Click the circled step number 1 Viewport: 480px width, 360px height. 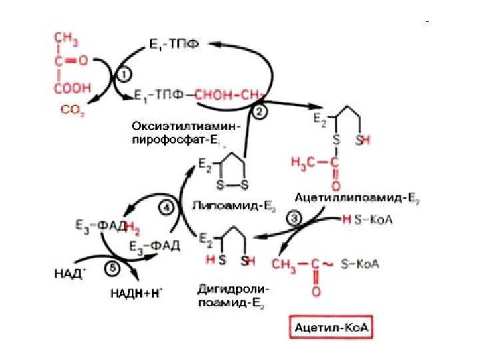tap(123, 75)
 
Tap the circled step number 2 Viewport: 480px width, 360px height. tap(261, 111)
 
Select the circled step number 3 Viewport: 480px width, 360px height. tap(294, 218)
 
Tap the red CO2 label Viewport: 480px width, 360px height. tap(73, 109)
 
